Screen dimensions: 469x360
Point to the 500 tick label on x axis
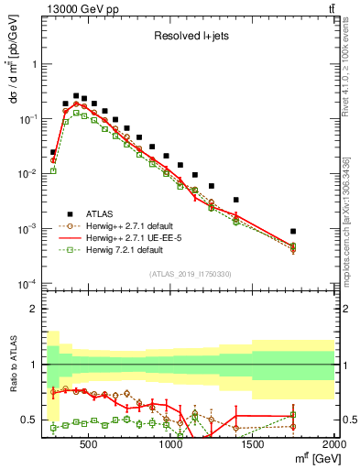point(88,446)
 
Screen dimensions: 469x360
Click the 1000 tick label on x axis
point(170,446)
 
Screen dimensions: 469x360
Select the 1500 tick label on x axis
point(252,446)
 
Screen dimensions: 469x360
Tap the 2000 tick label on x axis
point(333,446)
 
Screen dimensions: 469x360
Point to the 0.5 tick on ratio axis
point(29,420)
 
